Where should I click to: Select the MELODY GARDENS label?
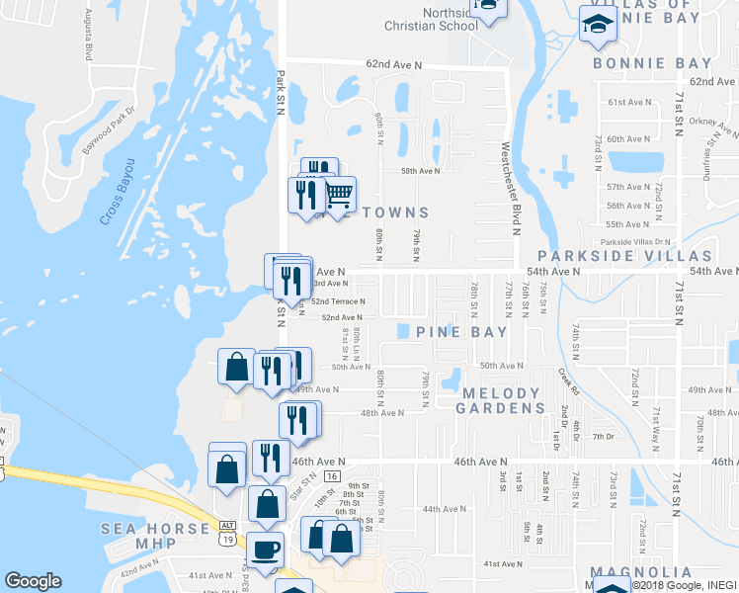[x=503, y=400]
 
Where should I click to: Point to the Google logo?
[x=32, y=581]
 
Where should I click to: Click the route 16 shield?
[x=335, y=476]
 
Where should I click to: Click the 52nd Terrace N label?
[x=338, y=301]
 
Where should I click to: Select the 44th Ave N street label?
[x=444, y=509]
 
